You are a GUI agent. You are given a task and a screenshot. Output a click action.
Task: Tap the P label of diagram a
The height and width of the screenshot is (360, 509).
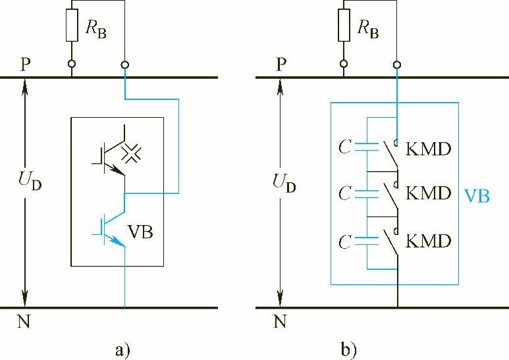click(x=24, y=63)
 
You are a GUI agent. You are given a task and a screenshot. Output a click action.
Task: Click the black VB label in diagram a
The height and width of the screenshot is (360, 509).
click(x=143, y=233)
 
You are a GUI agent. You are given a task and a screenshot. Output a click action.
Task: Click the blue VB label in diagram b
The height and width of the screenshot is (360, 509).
click(x=477, y=196)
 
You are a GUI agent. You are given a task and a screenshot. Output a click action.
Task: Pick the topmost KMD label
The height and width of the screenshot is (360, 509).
click(x=429, y=149)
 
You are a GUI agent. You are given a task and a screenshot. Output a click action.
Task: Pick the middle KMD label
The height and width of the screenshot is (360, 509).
click(x=429, y=193)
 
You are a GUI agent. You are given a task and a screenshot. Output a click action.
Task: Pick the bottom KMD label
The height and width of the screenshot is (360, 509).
click(x=429, y=241)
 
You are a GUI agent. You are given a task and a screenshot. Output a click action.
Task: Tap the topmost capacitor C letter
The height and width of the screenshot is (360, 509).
click(x=344, y=147)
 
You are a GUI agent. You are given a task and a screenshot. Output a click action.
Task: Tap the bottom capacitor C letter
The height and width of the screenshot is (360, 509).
click(x=344, y=241)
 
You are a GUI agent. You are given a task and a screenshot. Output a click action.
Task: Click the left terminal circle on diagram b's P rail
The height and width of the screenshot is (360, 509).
click(x=342, y=64)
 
